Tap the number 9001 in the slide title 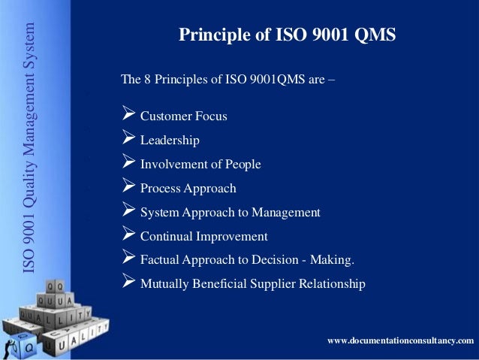[x=319, y=35]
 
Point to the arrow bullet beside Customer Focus [x=128, y=116]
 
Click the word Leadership [x=170, y=141]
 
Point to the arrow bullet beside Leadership [x=128, y=140]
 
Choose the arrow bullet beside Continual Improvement [x=128, y=236]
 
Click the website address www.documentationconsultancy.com [x=401, y=342]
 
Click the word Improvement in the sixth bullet [x=231, y=237]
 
